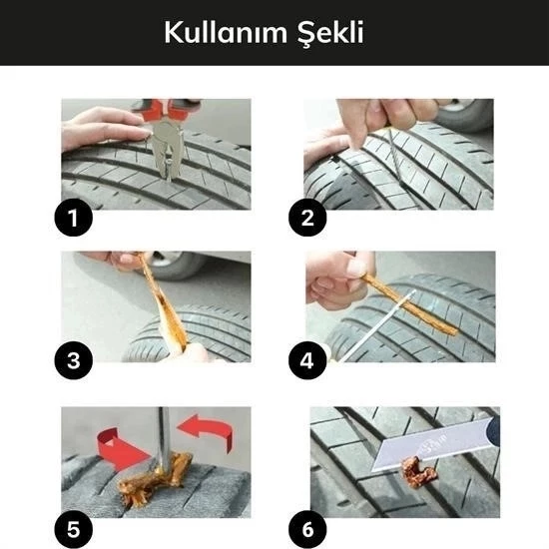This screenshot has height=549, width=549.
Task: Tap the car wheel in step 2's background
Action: (x=467, y=113)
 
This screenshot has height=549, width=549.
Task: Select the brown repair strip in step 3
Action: (x=165, y=304)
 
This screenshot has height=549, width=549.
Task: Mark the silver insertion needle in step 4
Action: (x=379, y=324)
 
